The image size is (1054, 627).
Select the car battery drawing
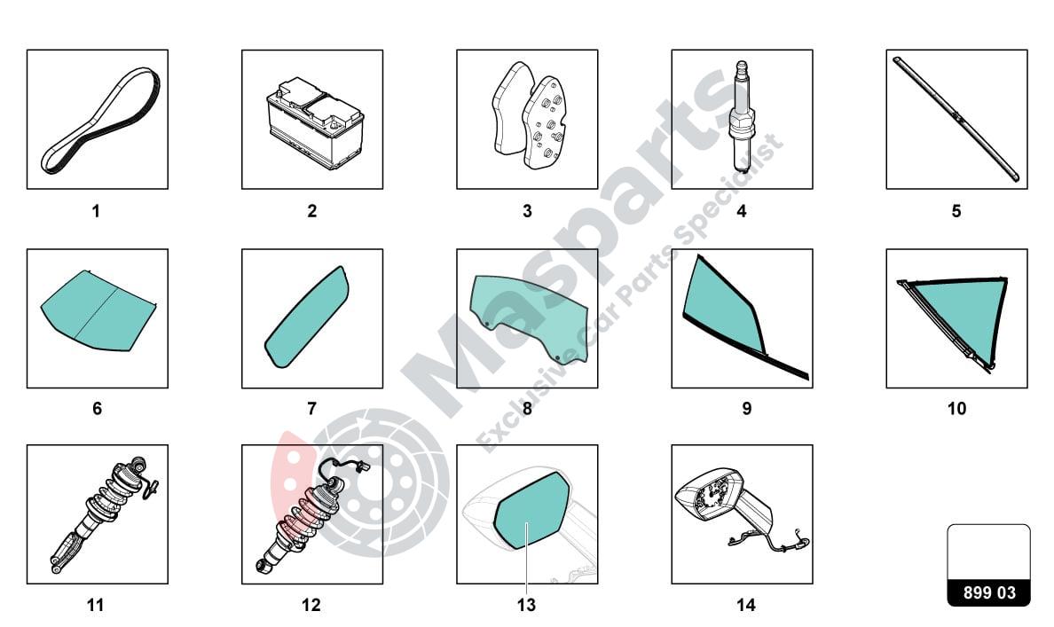point(315,123)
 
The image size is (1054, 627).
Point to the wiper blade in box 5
point(956,119)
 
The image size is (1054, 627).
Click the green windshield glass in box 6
point(98,311)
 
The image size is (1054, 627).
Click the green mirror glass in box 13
point(531,509)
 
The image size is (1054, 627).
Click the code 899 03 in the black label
point(989,592)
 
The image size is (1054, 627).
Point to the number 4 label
point(742,211)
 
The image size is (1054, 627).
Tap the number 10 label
point(956,409)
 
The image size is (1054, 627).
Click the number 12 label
point(311,606)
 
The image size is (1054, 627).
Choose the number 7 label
point(312,409)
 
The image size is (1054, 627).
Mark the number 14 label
point(746,606)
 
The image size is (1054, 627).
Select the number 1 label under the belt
point(96,211)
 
